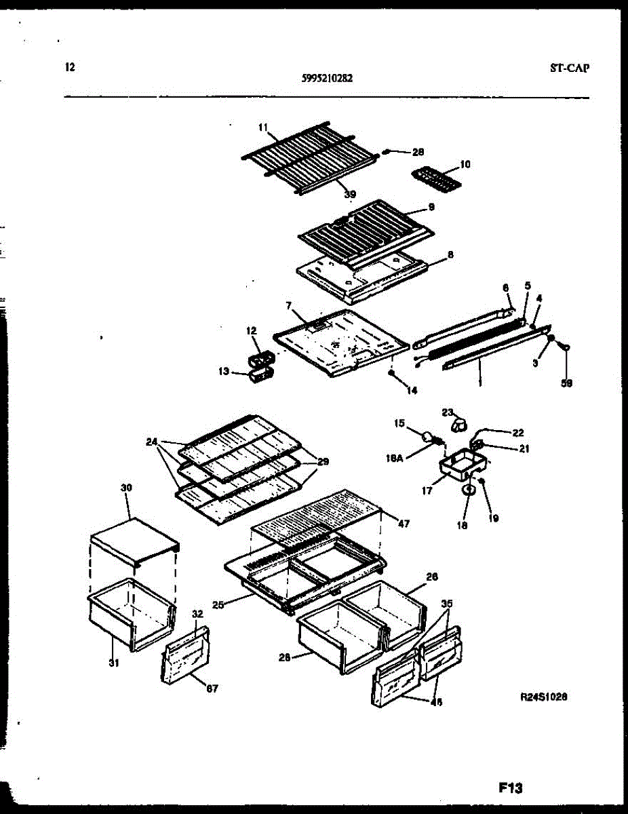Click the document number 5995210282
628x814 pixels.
click(x=326, y=78)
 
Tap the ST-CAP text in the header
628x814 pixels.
click(x=569, y=68)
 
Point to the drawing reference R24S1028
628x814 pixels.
click(x=543, y=696)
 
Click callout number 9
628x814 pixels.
click(x=431, y=206)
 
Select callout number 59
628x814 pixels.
click(x=568, y=383)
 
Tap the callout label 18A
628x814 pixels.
click(x=395, y=459)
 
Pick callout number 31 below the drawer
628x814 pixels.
click(x=113, y=663)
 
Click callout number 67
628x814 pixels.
click(x=212, y=689)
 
